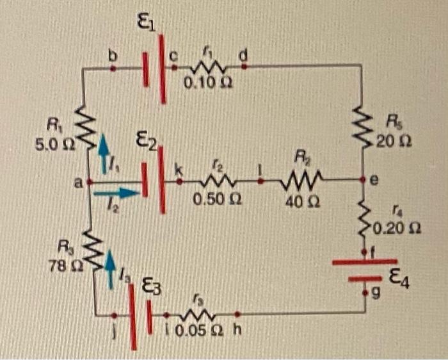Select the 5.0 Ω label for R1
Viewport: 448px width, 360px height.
[x=56, y=145]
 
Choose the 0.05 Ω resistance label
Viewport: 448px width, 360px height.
[x=193, y=332]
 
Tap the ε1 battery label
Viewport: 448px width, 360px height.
[x=145, y=24]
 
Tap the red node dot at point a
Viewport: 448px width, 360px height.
[x=89, y=183]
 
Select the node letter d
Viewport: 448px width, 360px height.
[x=243, y=56]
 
